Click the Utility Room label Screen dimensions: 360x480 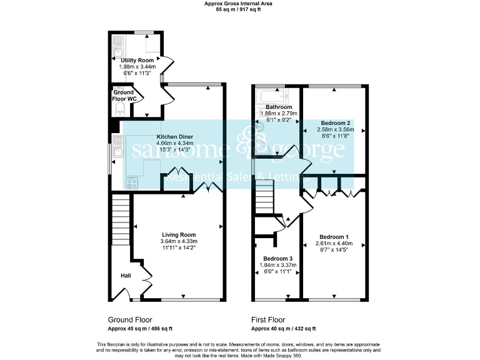(137, 60)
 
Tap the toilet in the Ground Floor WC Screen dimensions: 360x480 (121, 110)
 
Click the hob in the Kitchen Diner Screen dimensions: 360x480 (131, 183)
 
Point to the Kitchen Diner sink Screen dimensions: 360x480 (117, 143)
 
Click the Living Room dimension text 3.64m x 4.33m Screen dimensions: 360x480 (179, 241)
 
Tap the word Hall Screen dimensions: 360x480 (126, 274)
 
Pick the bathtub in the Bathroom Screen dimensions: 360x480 (271, 97)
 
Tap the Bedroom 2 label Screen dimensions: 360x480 (336, 123)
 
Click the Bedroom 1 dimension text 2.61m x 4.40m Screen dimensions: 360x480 (334, 243)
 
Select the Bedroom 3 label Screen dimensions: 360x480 (278, 258)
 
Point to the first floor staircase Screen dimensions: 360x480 (264, 197)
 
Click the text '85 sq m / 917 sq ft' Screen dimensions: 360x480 (239, 10)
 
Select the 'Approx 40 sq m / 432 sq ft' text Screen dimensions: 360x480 (283, 329)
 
